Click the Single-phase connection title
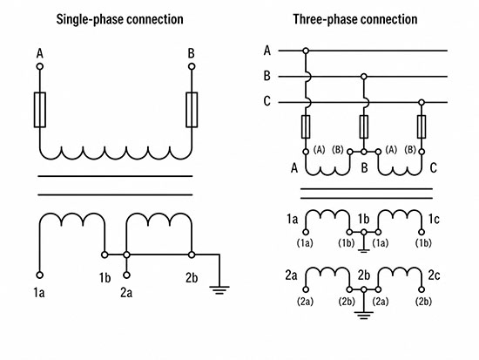120,19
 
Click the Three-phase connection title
355,19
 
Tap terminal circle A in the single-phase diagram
40,66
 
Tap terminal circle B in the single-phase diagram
192,66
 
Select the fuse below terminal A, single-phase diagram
40,110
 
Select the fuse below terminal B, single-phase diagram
192,110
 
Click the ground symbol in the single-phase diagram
219,290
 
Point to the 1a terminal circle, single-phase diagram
40,275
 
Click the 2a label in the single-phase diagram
126,293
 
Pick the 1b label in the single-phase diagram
105,278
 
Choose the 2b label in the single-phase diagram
192,278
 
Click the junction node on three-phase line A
306,51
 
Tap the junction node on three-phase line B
363,76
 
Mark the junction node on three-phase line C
422,102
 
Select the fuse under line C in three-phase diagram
422,126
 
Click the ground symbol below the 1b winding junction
363,251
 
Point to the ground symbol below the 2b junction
363,316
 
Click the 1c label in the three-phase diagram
434,219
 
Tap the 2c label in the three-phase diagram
434,275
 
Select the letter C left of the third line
267,101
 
